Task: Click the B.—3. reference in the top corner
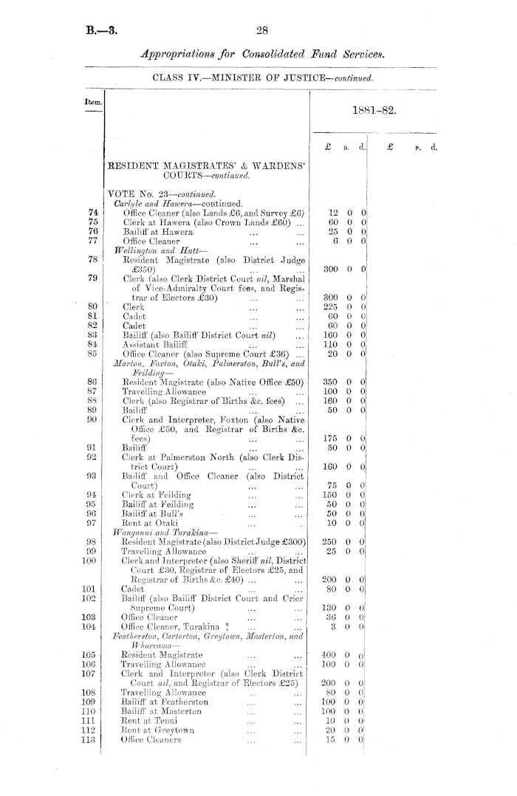[x=100, y=31]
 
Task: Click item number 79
[x=94, y=278]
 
